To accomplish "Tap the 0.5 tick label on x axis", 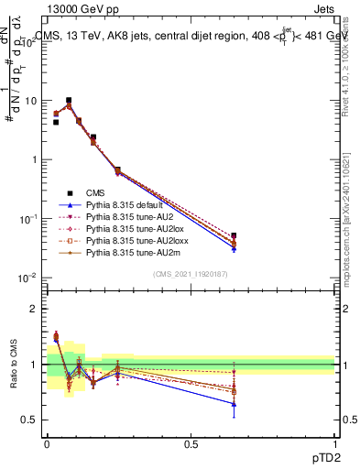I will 191,442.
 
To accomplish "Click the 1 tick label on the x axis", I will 334,442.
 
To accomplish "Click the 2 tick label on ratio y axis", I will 35,309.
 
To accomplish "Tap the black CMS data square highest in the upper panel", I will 69,101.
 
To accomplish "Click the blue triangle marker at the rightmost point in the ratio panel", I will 234,404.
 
